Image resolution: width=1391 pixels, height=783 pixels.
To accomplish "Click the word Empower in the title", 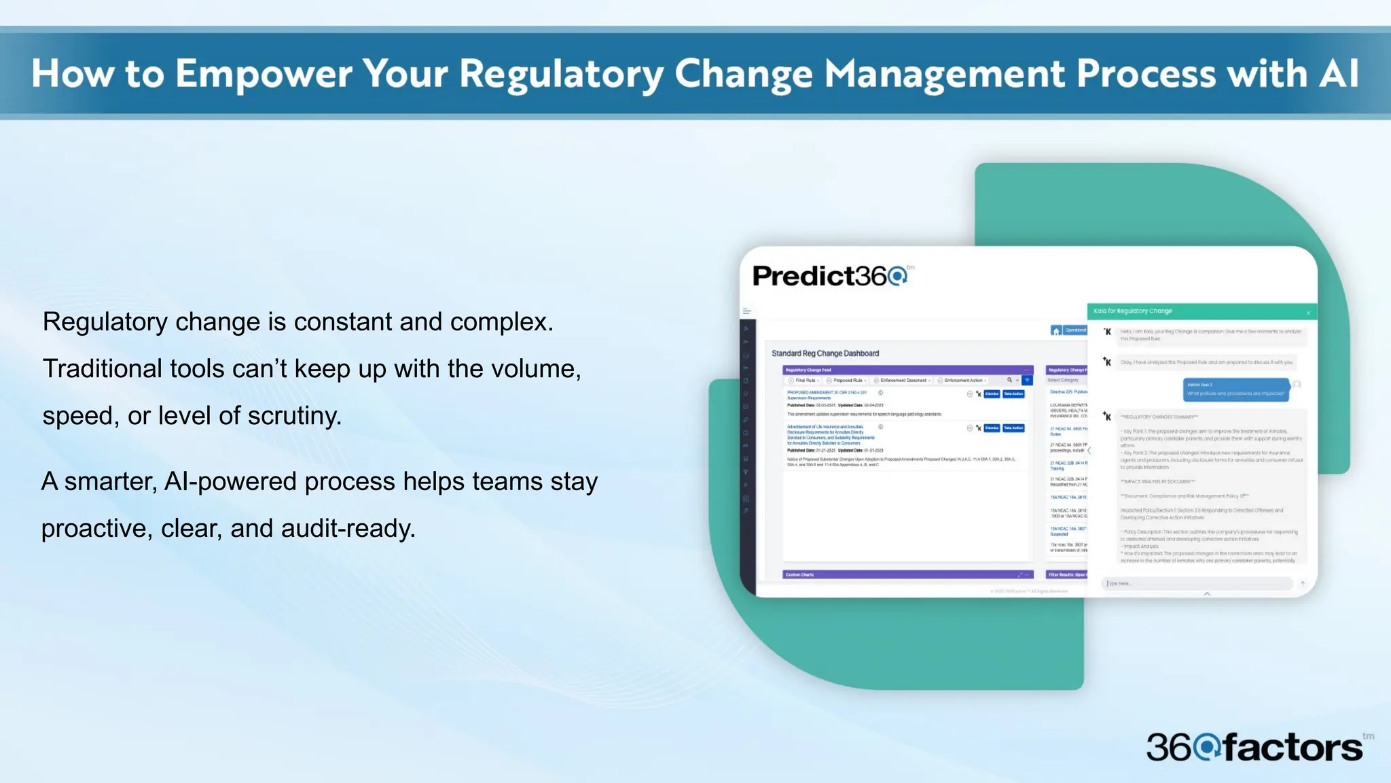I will coord(264,73).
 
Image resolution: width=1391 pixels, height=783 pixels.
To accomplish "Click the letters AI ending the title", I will coord(1338,73).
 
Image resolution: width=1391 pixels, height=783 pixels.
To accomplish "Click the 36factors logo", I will coord(1255,748).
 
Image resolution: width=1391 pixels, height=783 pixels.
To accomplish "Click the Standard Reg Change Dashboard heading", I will coord(825,353).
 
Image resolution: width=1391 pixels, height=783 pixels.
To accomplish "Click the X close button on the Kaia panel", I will coord(1308,313).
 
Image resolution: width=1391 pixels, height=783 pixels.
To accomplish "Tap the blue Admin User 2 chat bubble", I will coord(1235,389).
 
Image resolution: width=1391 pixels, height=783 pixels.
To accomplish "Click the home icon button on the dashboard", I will coord(1055,331).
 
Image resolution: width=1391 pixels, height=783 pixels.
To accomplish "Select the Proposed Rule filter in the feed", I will coord(847,381).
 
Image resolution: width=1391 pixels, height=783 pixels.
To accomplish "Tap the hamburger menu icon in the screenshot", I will coord(746,311).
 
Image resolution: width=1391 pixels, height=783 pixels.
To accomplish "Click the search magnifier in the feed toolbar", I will coord(1009,380).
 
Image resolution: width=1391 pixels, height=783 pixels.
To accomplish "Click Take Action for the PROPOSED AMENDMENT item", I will coord(1013,394).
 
